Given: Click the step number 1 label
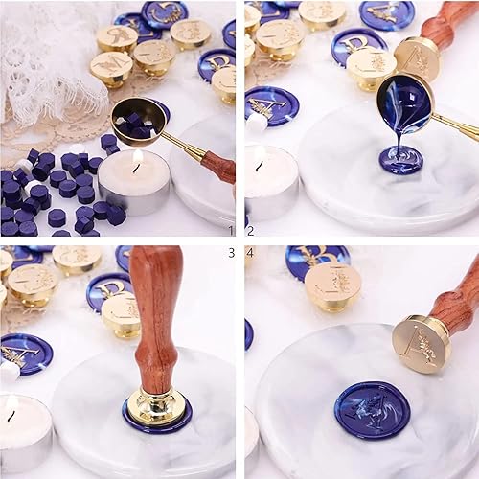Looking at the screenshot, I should [230, 230].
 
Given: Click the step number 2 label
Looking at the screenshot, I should [251, 230].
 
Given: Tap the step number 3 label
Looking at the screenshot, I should [230, 252].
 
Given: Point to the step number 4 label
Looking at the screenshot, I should [251, 252].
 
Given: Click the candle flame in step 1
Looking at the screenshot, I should [137, 160].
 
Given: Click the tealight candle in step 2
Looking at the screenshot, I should [271, 182].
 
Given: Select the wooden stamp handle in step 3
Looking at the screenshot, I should [155, 321].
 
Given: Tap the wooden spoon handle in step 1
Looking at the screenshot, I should [217, 165].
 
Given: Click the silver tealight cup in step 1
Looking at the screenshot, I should [134, 192].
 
